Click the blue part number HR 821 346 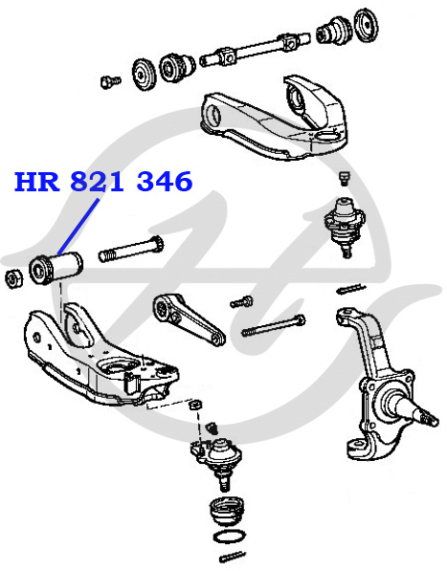coord(103,182)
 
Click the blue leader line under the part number coord(78,227)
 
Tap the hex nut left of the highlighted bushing coord(14,278)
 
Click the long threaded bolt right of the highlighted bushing coord(131,249)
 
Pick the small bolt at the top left coord(110,82)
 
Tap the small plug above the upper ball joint coord(344,179)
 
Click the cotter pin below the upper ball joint coord(351,289)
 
